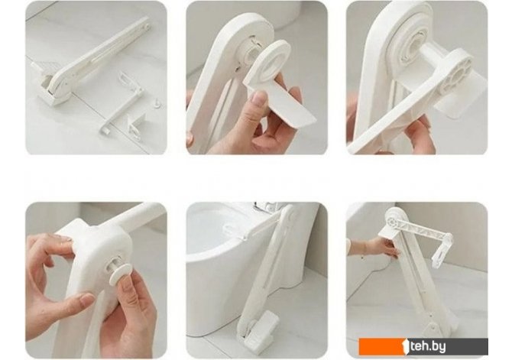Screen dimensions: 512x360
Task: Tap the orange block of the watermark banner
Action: (x=381, y=346)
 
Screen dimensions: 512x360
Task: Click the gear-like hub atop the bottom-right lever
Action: (x=392, y=220)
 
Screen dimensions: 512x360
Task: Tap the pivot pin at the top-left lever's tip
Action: (x=147, y=24)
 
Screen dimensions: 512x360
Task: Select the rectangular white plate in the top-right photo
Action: (x=460, y=93)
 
